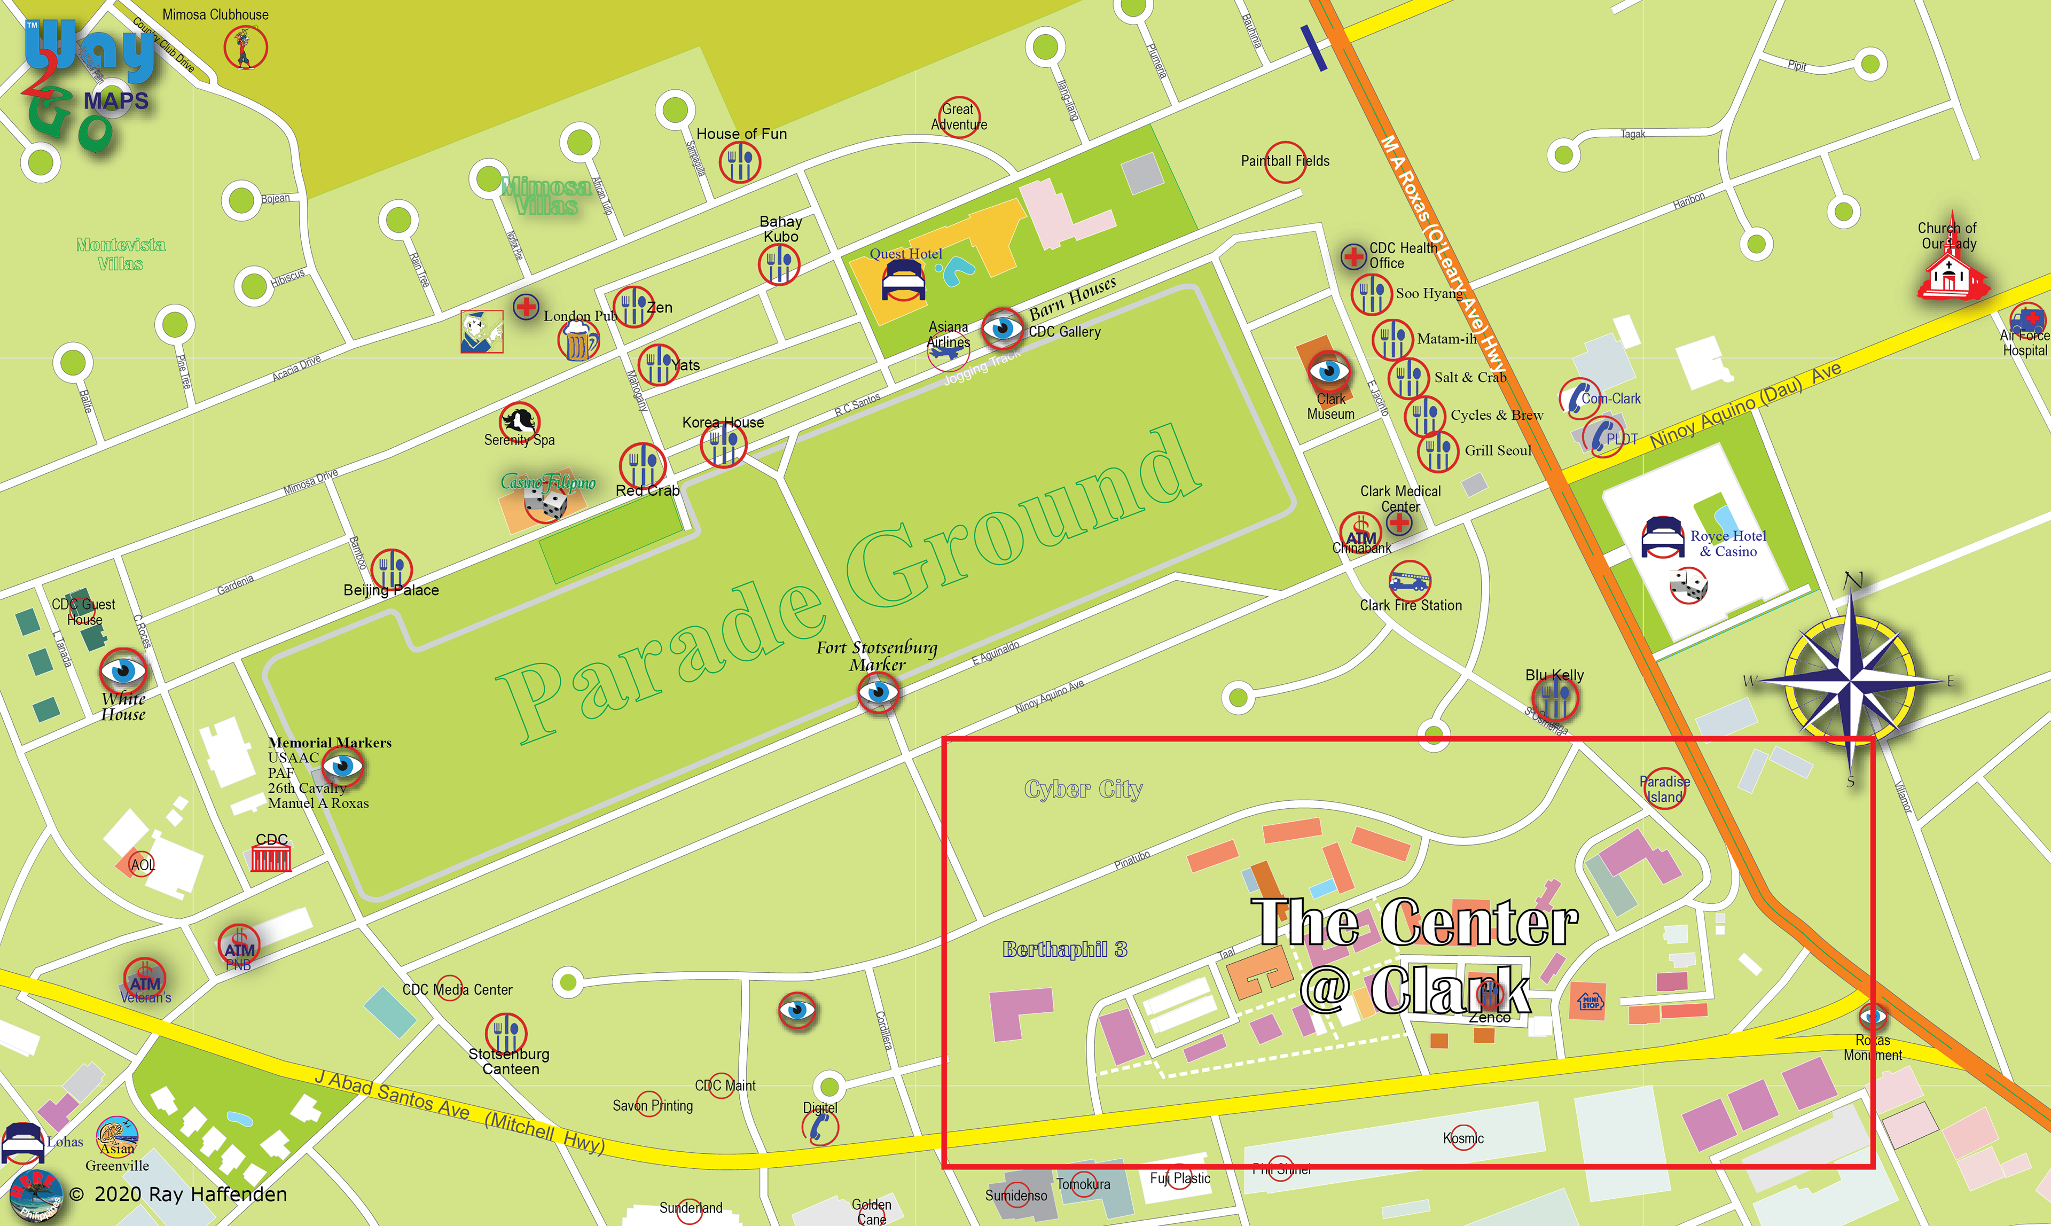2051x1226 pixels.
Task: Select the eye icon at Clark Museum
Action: click(1329, 370)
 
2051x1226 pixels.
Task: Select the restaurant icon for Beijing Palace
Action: click(392, 568)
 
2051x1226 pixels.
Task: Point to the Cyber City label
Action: click(1083, 789)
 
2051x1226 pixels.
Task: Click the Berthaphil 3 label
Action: click(1064, 948)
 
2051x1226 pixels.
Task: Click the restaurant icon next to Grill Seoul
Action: click(1437, 451)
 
